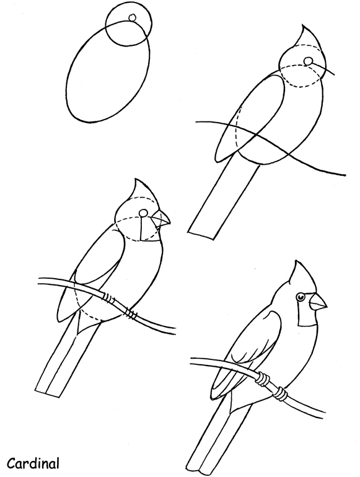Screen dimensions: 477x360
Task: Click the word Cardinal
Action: pyautogui.click(x=33, y=463)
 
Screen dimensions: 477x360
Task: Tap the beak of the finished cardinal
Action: pyautogui.click(x=318, y=302)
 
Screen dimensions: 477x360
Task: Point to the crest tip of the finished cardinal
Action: pyautogui.click(x=293, y=263)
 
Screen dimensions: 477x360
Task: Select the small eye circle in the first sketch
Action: pyautogui.click(x=131, y=17)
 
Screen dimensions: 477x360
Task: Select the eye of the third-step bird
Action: pyautogui.click(x=143, y=213)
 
